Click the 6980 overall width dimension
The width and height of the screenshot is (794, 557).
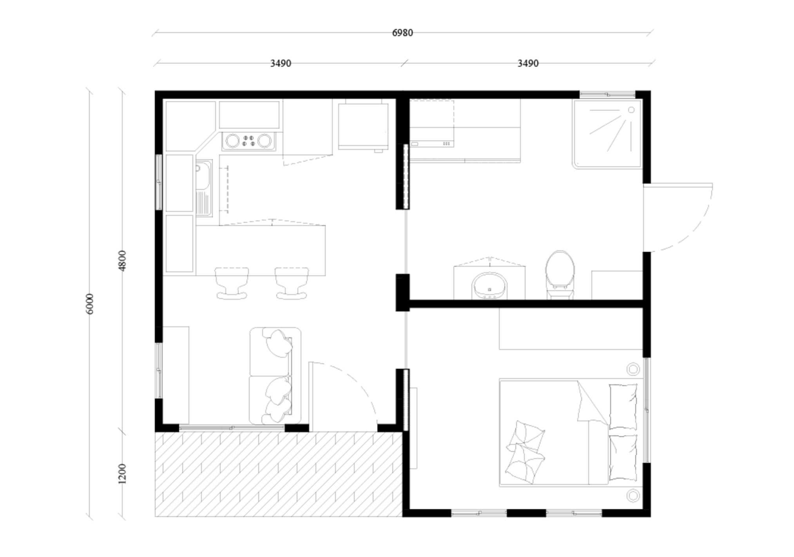[x=402, y=33]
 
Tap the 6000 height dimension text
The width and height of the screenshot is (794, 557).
[x=89, y=304]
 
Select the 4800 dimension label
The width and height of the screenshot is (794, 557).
[x=122, y=260]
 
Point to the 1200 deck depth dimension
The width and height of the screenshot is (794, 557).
[x=122, y=473]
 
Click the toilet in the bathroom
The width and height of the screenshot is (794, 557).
[x=560, y=275]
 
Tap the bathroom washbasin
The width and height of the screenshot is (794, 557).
[x=489, y=286]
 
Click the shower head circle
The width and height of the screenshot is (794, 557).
[x=631, y=110]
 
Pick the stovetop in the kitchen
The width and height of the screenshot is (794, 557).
[x=248, y=141]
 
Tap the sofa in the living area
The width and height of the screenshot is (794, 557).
[x=275, y=376]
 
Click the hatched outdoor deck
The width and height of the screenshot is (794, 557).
[x=279, y=474]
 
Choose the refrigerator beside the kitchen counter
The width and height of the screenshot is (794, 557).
[x=363, y=125]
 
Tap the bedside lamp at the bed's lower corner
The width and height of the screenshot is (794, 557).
[x=633, y=496]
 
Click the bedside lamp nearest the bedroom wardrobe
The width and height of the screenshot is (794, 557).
[x=633, y=370]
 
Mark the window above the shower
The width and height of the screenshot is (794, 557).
[x=607, y=95]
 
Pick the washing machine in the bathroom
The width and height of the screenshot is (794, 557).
[x=432, y=124]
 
